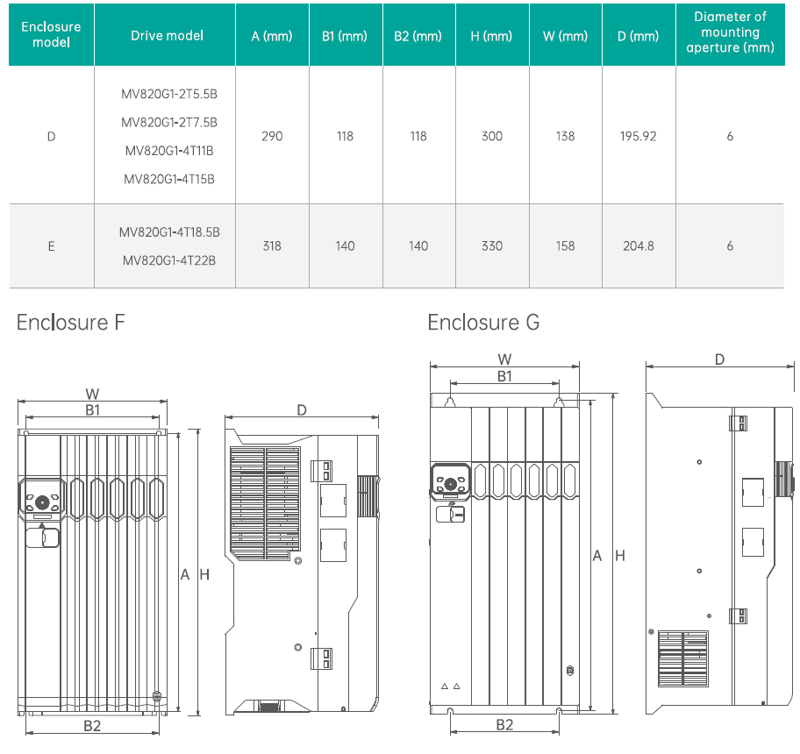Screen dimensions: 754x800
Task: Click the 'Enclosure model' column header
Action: point(51,34)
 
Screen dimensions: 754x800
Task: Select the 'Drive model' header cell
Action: point(167,35)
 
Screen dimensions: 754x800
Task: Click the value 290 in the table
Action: point(272,136)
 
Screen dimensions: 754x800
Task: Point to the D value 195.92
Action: point(638,136)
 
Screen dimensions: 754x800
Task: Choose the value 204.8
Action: point(638,245)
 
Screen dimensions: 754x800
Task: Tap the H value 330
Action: point(492,245)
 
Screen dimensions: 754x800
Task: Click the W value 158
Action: point(565,245)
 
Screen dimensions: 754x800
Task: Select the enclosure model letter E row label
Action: point(51,245)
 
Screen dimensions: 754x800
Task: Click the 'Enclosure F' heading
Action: point(71,323)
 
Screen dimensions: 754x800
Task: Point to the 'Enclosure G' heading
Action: point(483,323)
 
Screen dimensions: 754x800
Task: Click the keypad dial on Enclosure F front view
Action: point(41,504)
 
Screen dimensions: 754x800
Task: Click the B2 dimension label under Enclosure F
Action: point(92,725)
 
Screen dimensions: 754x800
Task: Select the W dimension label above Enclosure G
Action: point(504,359)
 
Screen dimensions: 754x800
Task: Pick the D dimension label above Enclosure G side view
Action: point(719,359)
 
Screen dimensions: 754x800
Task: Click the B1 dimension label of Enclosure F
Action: point(92,409)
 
